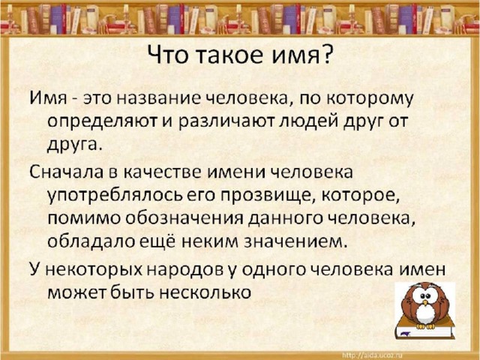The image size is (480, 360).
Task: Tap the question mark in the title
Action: (326, 55)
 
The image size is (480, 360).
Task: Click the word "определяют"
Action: (102, 122)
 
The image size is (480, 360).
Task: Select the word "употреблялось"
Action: (115, 196)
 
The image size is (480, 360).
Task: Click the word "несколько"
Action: (205, 293)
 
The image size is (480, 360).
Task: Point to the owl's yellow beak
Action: (425, 302)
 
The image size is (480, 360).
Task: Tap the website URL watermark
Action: (373, 355)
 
